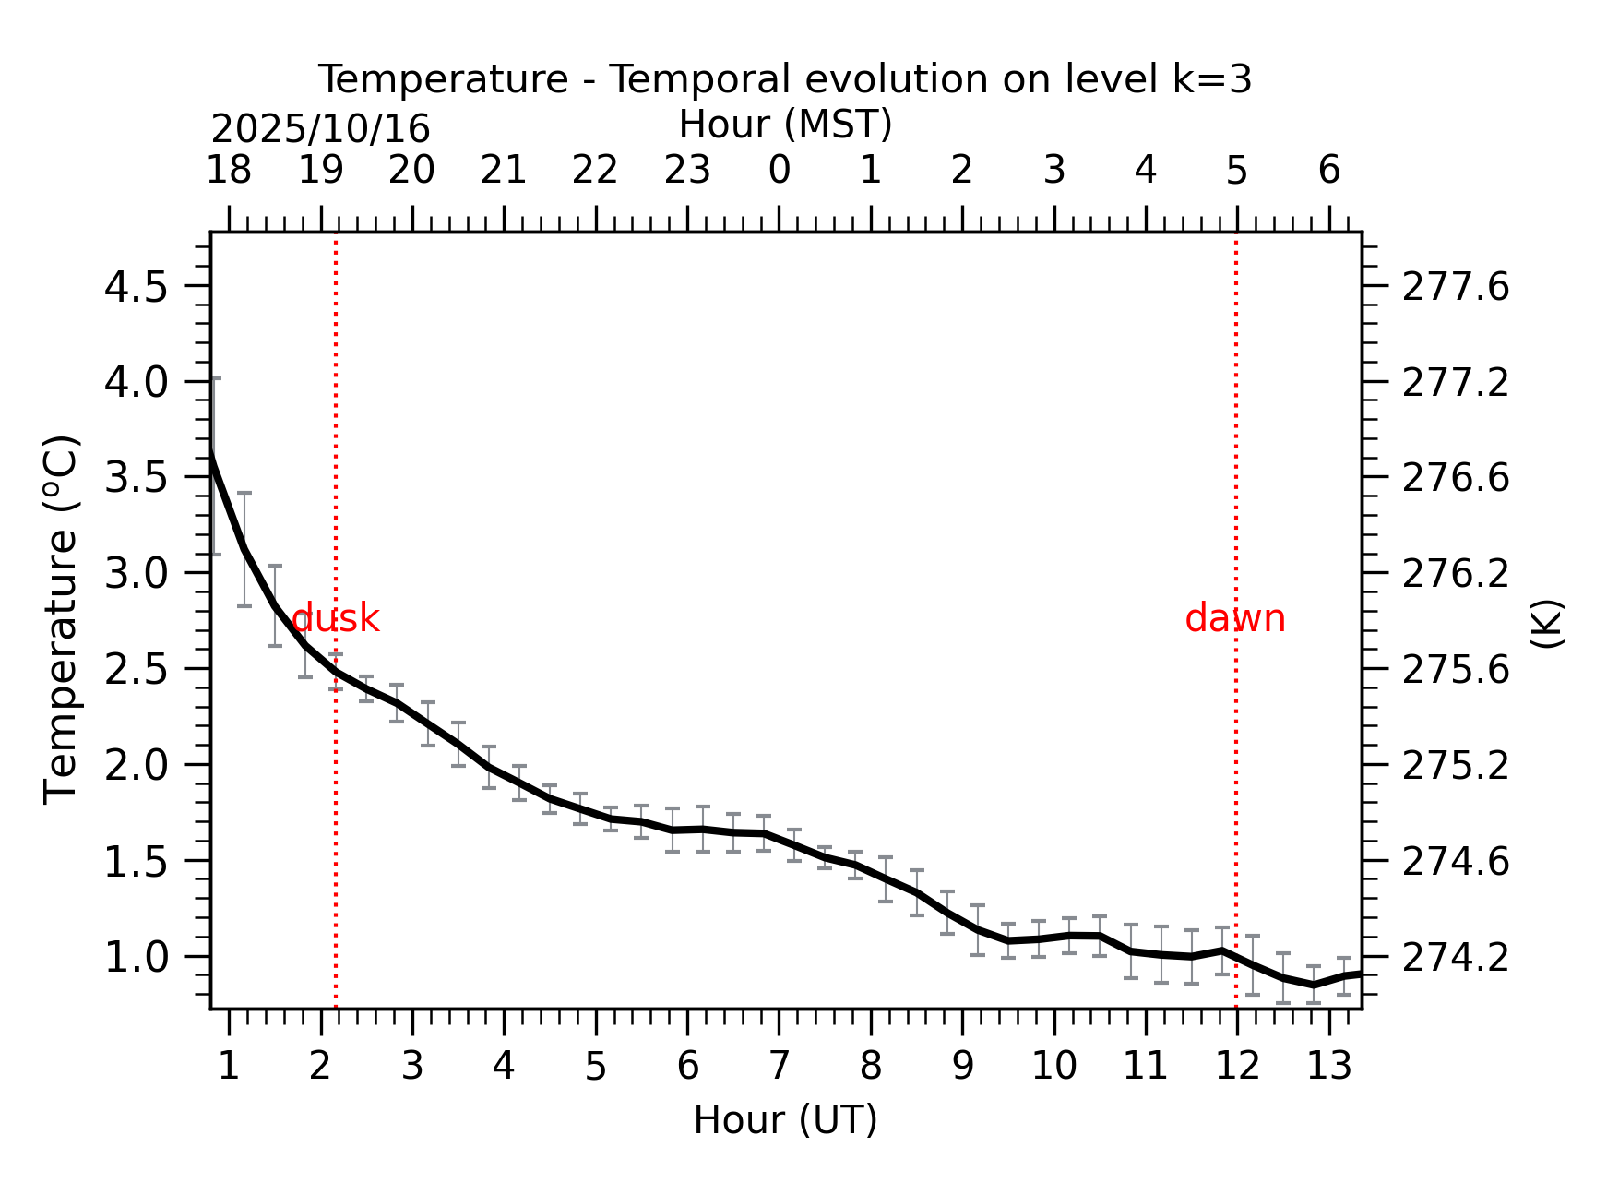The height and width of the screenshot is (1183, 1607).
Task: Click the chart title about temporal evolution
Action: click(785, 79)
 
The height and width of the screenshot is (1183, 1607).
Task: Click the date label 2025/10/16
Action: click(320, 129)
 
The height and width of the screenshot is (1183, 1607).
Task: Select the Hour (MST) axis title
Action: click(785, 125)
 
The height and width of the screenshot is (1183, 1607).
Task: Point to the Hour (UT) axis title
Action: click(785, 1120)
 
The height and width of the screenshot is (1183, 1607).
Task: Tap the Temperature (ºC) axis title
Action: click(62, 620)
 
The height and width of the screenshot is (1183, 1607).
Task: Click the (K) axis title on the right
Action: click(1546, 624)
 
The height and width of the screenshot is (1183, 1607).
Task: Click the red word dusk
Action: click(335, 618)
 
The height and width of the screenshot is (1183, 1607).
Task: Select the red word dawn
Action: click(1235, 618)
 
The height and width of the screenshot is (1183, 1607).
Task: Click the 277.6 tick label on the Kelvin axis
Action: click(1456, 287)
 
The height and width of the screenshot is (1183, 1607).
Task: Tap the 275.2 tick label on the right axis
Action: click(1456, 766)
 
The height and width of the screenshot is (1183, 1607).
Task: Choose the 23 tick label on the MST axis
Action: click(687, 171)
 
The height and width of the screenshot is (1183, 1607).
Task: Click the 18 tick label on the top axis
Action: click(229, 171)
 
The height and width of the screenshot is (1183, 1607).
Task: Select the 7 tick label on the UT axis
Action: click(780, 1067)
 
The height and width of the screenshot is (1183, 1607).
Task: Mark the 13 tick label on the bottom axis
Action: click(1329, 1067)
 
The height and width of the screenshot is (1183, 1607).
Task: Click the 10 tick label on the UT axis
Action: click(1054, 1067)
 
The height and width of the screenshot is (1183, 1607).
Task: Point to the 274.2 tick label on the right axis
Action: click(1456, 958)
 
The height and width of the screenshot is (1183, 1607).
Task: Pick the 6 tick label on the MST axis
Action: click(1329, 171)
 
